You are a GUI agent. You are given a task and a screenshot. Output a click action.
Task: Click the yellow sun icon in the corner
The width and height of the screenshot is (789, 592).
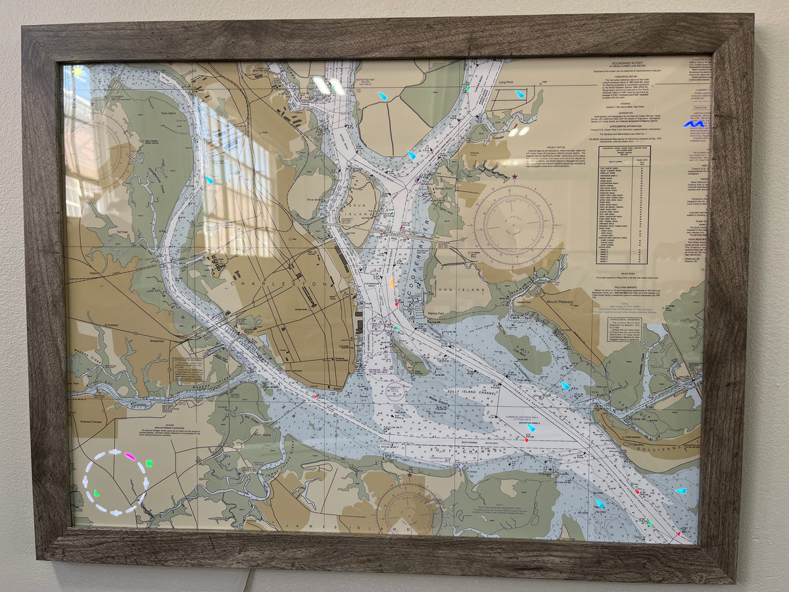[78, 72]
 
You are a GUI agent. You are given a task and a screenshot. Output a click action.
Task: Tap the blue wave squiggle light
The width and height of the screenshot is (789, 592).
[693, 123]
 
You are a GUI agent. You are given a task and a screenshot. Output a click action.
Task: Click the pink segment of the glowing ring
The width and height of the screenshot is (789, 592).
[130, 455]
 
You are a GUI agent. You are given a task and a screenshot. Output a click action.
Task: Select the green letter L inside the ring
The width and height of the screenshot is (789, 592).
[97, 492]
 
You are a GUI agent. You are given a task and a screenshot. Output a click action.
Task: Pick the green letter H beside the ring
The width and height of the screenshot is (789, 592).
[149, 463]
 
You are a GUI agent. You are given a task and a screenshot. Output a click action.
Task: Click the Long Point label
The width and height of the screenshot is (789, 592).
[506, 82]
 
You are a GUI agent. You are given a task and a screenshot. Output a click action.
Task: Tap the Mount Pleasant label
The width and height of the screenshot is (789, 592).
[560, 302]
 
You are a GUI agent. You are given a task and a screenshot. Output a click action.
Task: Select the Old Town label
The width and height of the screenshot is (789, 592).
[122, 232]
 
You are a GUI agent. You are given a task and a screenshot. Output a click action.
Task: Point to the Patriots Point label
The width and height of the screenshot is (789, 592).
[436, 313]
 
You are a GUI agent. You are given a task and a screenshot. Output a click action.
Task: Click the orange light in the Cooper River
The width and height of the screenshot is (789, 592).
[392, 283]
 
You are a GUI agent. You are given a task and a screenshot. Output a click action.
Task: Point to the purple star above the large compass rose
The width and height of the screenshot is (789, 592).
[514, 176]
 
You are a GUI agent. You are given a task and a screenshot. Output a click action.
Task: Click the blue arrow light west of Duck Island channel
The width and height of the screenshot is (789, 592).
[209, 179]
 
